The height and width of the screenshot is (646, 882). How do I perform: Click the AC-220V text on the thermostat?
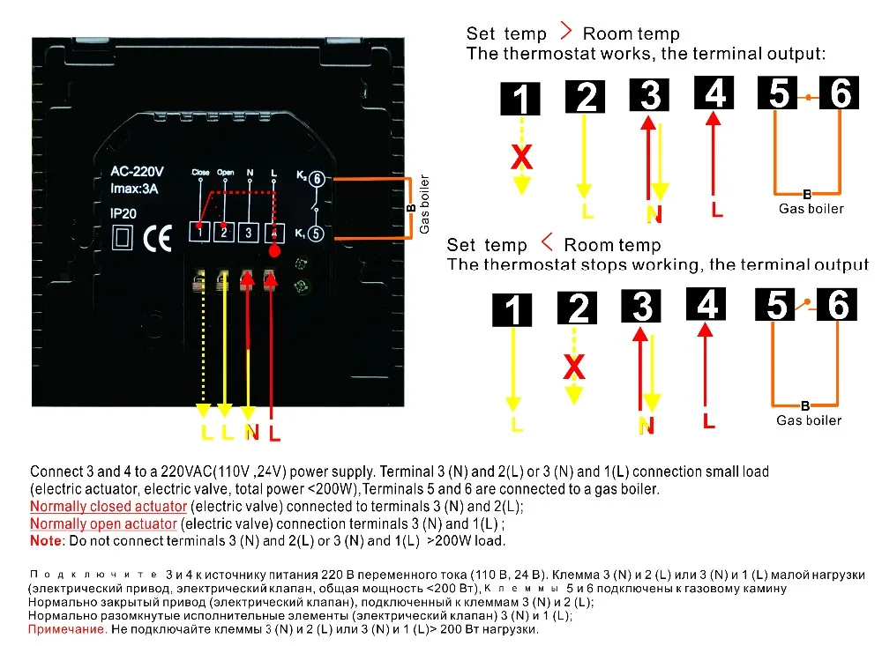138,171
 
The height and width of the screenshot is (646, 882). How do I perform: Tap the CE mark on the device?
157,238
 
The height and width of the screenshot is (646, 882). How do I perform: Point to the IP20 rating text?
123,213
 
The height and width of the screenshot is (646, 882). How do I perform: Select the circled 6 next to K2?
318,179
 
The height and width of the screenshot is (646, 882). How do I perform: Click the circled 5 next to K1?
316,234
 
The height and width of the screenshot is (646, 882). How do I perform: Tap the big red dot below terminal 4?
274,251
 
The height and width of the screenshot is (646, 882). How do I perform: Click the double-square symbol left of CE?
123,237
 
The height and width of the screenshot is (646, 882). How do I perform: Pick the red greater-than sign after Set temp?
566,31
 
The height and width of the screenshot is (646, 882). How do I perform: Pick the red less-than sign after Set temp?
547,242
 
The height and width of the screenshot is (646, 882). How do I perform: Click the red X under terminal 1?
521,157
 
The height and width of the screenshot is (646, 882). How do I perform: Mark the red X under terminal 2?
574,368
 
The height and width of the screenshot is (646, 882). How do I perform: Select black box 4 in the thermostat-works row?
714,93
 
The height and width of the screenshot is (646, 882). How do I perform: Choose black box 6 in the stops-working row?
837,305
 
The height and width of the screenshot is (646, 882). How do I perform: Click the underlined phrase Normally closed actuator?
108,507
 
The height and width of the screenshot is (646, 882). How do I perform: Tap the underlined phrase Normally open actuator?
103,524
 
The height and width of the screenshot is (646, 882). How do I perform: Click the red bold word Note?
46,541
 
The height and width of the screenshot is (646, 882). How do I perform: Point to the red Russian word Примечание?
67,629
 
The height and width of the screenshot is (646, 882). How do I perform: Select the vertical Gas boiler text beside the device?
425,204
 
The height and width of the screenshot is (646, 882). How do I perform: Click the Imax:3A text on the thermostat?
134,189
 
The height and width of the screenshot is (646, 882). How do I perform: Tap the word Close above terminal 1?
200,173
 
